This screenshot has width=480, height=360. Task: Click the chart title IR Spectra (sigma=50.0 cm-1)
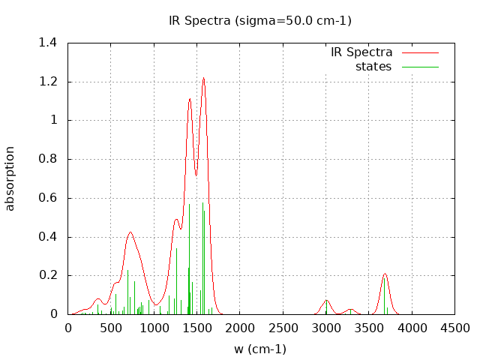[x=259, y=20]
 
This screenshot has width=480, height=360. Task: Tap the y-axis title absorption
[x=10, y=178]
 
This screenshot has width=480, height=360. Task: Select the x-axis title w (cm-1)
[x=259, y=349]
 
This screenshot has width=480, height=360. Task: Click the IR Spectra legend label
[x=361, y=52]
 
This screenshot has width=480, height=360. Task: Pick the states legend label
[x=373, y=67]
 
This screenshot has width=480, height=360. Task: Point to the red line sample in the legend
[x=419, y=52]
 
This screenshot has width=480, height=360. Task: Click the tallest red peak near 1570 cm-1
[x=203, y=78]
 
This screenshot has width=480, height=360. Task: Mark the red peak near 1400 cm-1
[x=190, y=99]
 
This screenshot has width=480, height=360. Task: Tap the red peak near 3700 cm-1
[x=385, y=274]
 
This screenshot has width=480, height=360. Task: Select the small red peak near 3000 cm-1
[x=326, y=301]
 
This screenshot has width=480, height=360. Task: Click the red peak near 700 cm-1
[x=130, y=232]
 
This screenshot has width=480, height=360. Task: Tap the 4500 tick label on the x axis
[x=455, y=328]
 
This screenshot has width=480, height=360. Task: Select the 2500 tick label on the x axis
[x=283, y=328]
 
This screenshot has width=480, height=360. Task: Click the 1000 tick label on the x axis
[x=154, y=328]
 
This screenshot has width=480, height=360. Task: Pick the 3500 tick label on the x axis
[x=369, y=328]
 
